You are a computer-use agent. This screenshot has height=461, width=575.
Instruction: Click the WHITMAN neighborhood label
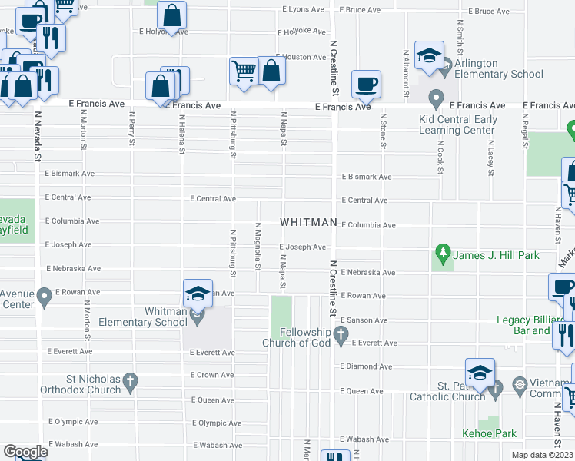coord(308,222)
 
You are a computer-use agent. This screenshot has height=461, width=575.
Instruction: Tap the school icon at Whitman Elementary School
coord(198,293)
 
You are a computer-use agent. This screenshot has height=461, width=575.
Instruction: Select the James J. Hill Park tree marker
coord(442,251)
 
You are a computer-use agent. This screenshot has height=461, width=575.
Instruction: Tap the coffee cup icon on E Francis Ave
coord(367,84)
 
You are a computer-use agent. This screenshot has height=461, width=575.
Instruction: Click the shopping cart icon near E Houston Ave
coord(244,71)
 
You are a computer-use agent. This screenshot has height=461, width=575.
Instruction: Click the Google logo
coord(25,451)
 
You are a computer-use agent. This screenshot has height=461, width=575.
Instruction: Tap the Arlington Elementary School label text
coord(498,69)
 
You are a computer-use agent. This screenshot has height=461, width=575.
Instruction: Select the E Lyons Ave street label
coord(304,9)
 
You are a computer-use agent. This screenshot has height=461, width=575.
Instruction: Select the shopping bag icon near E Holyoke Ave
coord(172,15)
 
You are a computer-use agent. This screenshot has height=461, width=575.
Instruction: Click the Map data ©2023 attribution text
coord(542,455)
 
